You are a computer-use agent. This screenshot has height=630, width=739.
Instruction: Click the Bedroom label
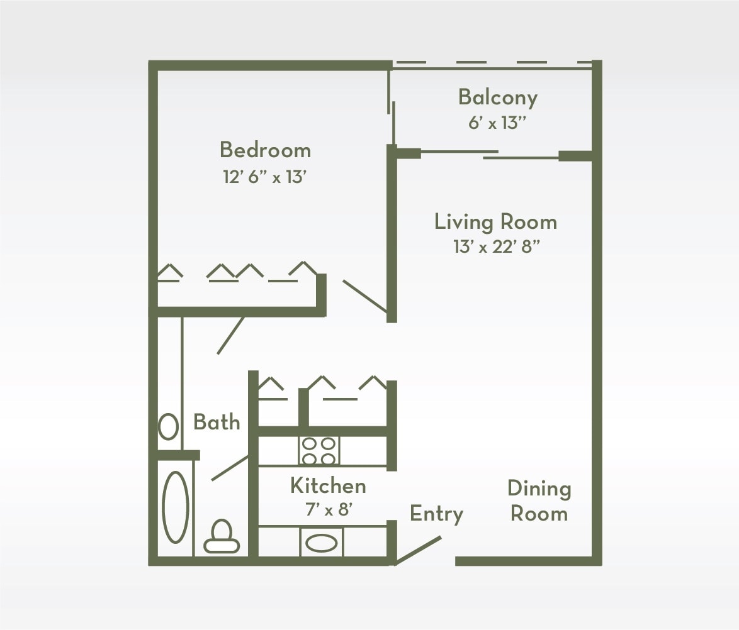point(265,150)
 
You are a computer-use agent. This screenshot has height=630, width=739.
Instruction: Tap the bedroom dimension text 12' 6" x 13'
point(264,177)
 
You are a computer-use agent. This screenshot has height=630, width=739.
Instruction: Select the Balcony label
point(497,97)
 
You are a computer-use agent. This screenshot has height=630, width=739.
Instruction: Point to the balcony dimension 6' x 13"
point(497,123)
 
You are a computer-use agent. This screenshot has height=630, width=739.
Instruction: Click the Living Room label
point(495,222)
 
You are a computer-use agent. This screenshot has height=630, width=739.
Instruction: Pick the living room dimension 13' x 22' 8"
point(496,247)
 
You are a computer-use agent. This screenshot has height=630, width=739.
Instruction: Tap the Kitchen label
point(328,486)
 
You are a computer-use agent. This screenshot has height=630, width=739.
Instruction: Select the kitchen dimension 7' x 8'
point(328,510)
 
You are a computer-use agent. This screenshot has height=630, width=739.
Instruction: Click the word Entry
point(436,514)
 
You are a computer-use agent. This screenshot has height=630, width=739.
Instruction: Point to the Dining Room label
point(539,501)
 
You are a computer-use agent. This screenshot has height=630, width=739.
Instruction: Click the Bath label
point(217,422)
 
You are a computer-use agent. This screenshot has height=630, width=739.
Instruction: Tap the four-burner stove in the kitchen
point(319,451)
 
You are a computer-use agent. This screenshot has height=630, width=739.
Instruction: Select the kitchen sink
point(322,543)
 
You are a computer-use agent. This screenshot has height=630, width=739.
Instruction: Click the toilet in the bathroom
point(222,536)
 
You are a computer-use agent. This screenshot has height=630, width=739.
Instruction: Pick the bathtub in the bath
point(176,507)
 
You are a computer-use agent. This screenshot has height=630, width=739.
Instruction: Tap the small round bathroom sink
point(168,426)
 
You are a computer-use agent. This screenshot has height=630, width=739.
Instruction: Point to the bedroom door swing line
point(364,296)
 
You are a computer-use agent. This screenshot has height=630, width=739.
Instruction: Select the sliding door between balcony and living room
point(489,154)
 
